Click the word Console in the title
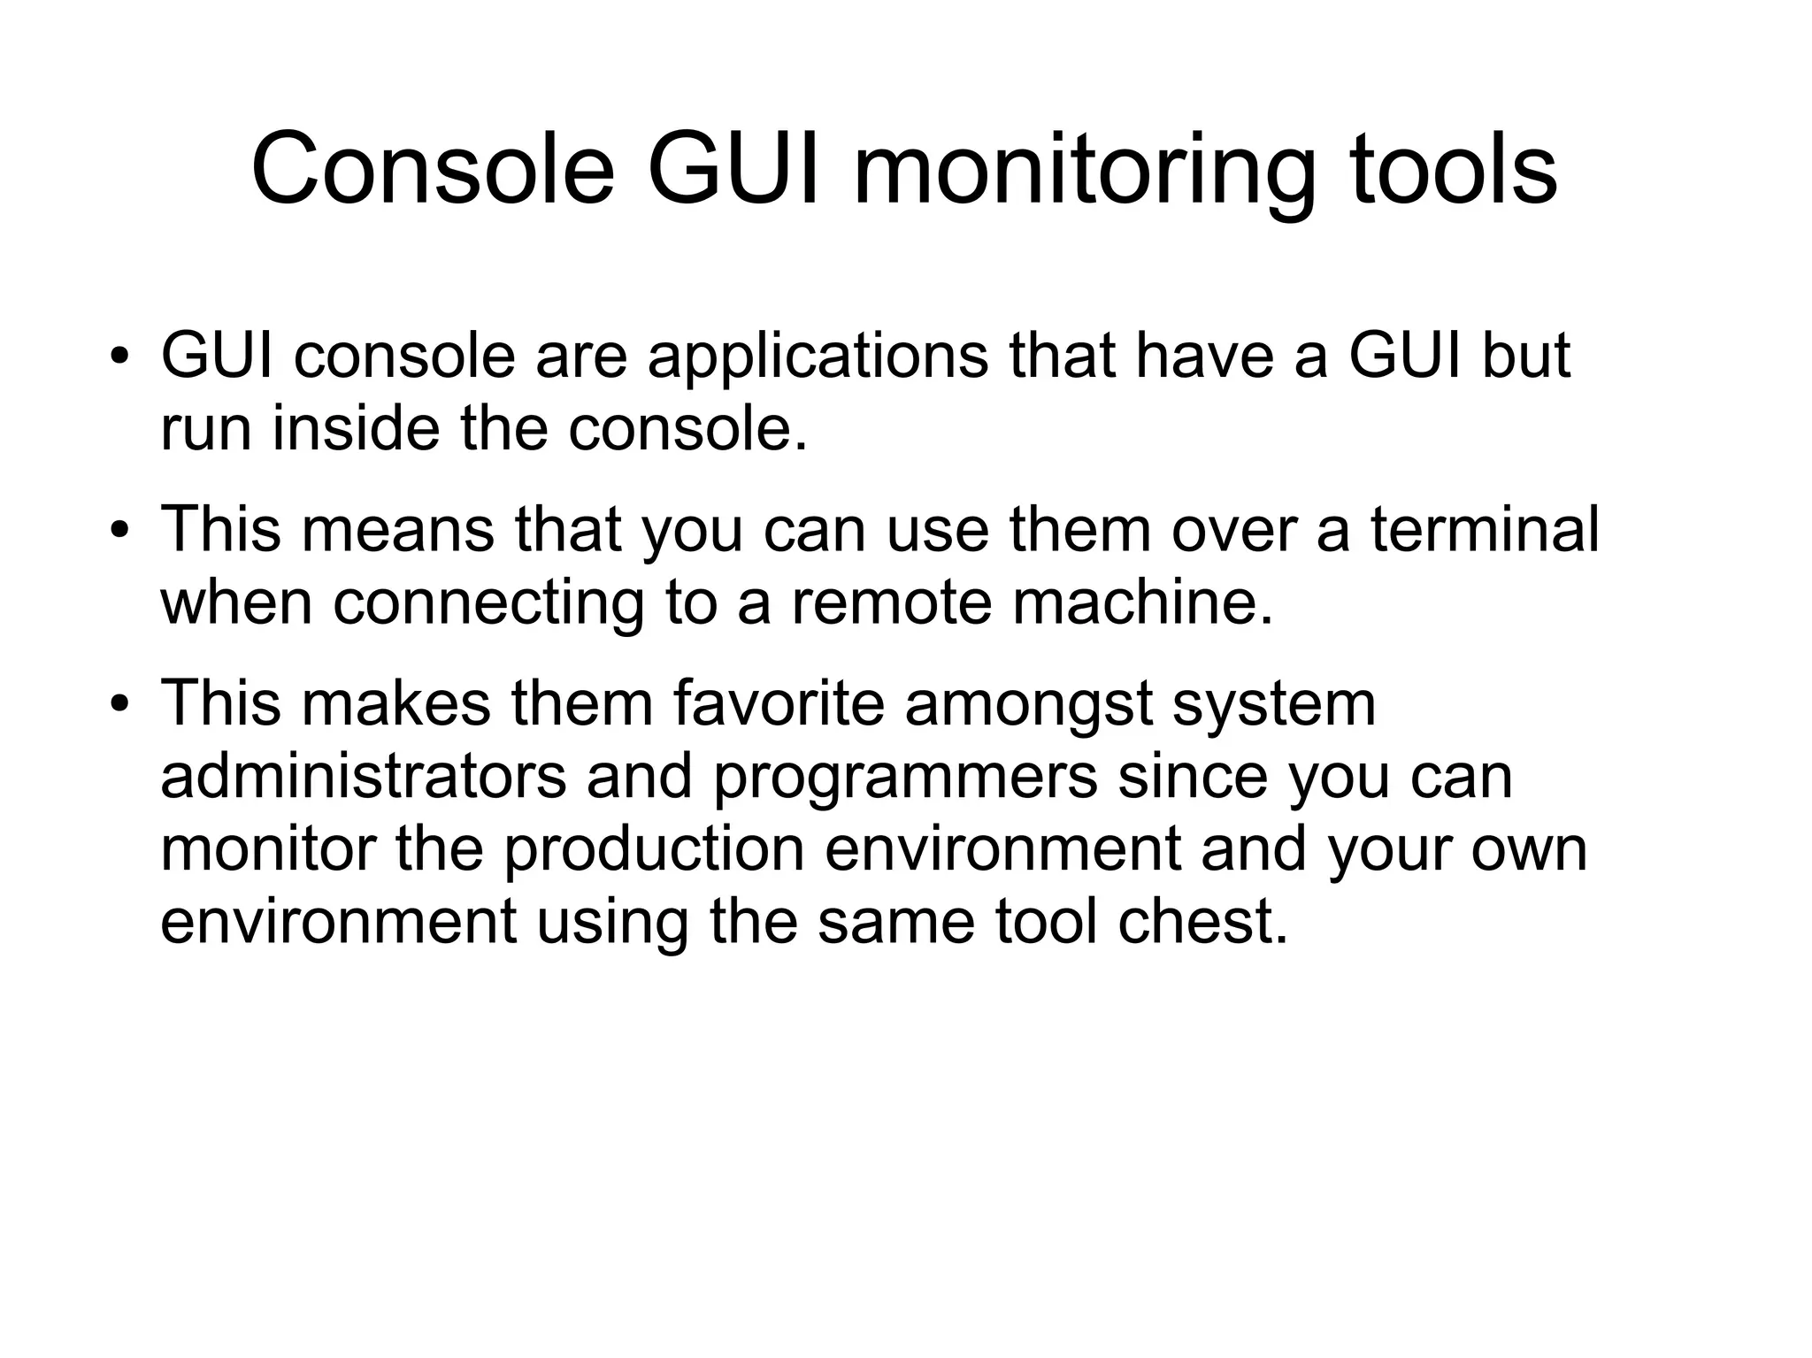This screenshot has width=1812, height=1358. tap(433, 168)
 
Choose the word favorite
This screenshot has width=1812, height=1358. tap(779, 704)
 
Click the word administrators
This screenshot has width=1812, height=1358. tap(363, 777)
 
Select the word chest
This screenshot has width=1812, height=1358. tap(1203, 922)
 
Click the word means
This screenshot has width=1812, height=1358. tap(397, 531)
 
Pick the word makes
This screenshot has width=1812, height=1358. tap(397, 704)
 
